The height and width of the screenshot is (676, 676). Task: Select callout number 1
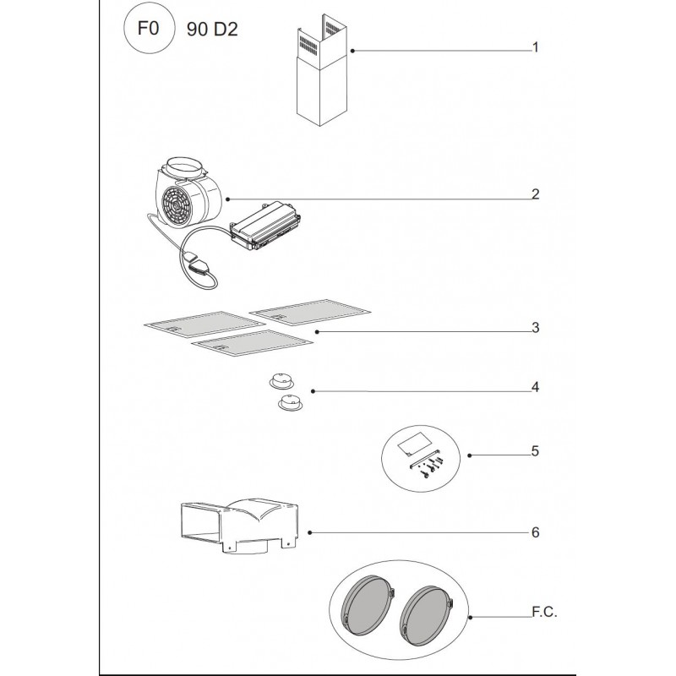536,48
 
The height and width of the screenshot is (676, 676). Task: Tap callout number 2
536,194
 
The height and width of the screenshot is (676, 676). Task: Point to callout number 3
536,327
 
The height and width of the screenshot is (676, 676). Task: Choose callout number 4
536,388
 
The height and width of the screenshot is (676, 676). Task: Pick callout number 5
536,451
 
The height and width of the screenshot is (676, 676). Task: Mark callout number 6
536,533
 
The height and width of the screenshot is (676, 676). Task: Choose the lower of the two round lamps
291,405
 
